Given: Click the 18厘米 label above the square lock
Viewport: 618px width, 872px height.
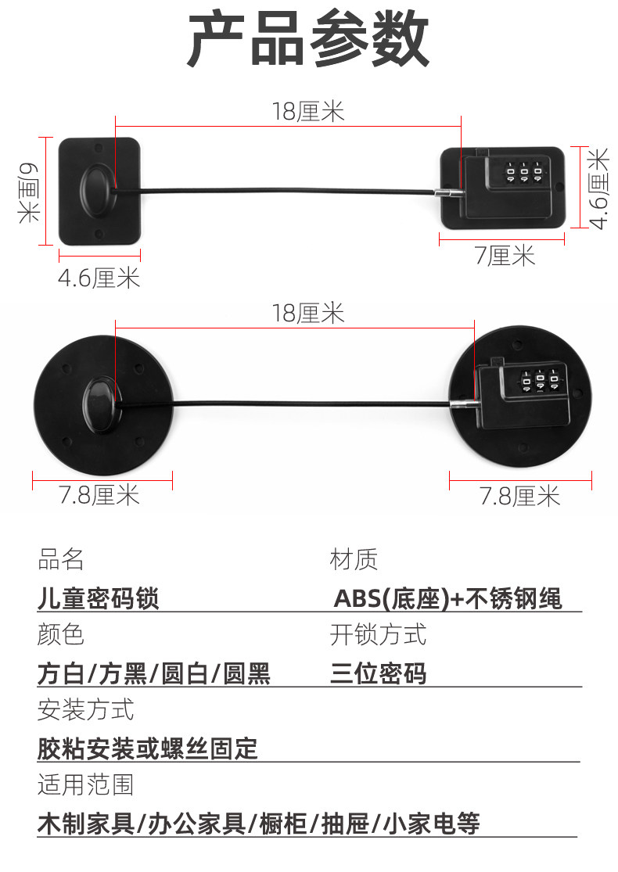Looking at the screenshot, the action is pos(308,112).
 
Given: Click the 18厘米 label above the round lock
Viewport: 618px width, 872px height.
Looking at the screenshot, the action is pos(308,314).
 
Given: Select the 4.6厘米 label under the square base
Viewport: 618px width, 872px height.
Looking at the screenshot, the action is pos(99,278).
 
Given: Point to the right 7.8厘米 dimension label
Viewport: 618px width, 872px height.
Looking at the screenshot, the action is pos(520,496).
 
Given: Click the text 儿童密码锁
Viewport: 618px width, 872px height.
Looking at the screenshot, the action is pos(99,599).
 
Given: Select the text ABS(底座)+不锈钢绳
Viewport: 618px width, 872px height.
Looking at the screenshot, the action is pos(448,599).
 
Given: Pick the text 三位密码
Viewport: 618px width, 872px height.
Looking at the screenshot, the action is pos(379,673).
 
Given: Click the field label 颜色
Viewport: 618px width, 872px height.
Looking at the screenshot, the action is pos(60,634).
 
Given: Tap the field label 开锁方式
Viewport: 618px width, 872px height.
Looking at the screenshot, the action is pos(379,634).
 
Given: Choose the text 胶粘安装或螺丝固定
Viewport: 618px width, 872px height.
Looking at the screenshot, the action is pos(148,748).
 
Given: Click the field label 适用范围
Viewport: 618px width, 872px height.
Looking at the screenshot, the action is pos(85,784).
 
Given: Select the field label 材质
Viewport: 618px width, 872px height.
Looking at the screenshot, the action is pos(354,559).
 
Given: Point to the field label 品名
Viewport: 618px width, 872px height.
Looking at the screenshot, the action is pos(60,559).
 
